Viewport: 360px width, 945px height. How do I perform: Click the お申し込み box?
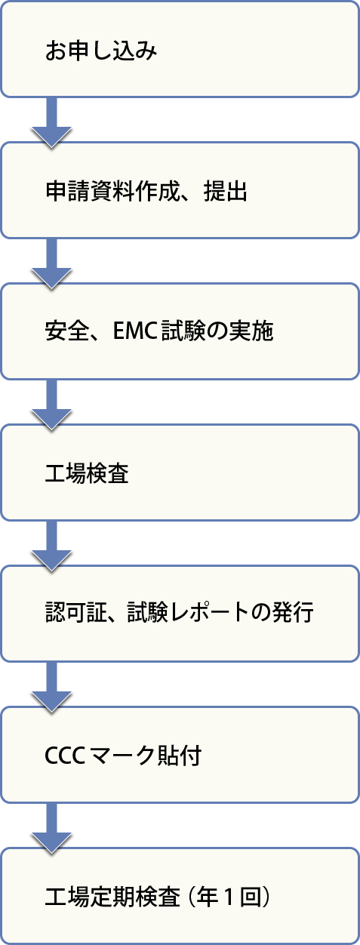pos(180,50)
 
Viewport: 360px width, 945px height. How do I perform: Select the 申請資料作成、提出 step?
pos(180,191)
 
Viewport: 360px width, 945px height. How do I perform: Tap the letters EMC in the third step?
pos(135,331)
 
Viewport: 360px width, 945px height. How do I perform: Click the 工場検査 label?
pos(87,472)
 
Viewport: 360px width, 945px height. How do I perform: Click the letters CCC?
pos(65,755)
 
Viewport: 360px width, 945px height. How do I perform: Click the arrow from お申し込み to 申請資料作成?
pos(51,122)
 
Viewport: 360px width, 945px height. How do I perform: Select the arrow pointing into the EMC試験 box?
pos(51,263)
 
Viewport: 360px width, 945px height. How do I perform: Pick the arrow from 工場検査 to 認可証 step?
pos(51,546)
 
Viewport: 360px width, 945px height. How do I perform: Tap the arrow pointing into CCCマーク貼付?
pos(51,687)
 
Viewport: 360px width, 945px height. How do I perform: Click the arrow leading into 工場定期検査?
pos(51,829)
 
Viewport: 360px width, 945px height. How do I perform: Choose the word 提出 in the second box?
pos(226,191)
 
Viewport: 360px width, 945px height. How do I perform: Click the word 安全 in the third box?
pos(66,331)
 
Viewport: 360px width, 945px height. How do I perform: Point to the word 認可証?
pos(76,613)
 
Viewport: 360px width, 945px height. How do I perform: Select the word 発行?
pos(294,613)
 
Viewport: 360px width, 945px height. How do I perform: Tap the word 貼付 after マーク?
pos(179,755)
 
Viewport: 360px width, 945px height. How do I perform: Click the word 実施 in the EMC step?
pos(252,331)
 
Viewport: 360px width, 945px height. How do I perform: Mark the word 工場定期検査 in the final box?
pos(112,897)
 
